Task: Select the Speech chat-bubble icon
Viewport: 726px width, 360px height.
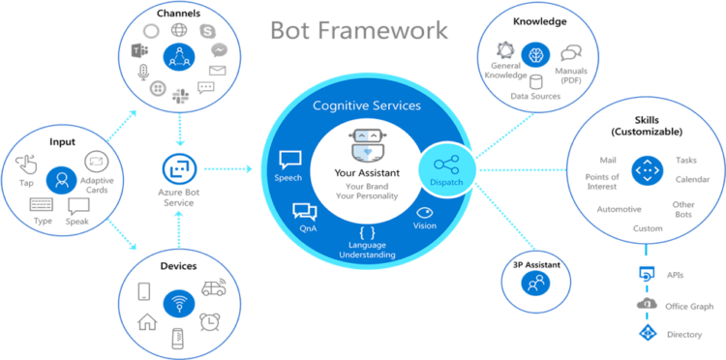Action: click(289, 160)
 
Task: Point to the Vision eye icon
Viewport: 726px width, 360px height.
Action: click(424, 212)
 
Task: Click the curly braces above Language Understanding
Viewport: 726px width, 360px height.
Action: click(366, 232)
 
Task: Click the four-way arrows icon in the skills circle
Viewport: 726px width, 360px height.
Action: click(645, 171)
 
